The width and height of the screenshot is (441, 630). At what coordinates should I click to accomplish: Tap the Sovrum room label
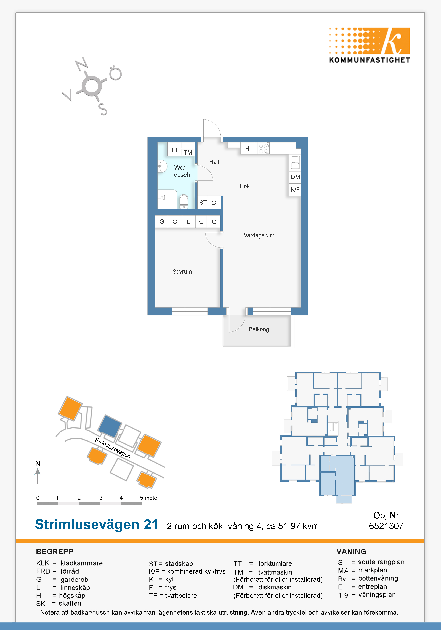[x=182, y=272]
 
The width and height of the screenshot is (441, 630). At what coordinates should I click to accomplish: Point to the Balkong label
[x=259, y=329]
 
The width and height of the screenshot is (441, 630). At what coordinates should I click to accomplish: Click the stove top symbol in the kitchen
[x=264, y=148]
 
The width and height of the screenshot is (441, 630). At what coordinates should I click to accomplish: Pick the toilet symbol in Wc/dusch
[x=184, y=202]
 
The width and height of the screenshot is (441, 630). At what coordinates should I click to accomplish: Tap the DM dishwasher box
[x=295, y=177]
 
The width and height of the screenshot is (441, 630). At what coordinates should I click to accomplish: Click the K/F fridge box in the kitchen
[x=295, y=190]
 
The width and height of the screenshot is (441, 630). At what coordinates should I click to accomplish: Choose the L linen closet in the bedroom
[x=188, y=222]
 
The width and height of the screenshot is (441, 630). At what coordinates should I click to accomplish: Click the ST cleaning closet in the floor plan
[x=203, y=203]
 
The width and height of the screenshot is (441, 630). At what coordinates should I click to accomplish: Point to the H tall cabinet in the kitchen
[x=247, y=148]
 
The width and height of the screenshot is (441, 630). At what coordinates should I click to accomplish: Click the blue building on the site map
[x=110, y=426]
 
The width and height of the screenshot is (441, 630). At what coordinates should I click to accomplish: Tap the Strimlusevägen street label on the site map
[x=113, y=448]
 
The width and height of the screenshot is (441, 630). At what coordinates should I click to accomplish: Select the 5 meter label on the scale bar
[x=150, y=498]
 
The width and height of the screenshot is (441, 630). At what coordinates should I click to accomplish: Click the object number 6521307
[x=386, y=526]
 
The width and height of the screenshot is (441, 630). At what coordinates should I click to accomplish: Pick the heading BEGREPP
[x=55, y=552]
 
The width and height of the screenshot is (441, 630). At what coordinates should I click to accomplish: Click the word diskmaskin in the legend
[x=275, y=587]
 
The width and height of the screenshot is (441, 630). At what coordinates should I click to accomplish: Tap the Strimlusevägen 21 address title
[x=97, y=524]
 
